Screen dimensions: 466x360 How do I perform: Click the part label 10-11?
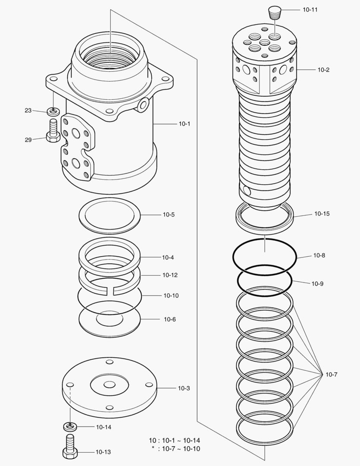[310, 9]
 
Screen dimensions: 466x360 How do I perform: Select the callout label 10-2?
[323, 69]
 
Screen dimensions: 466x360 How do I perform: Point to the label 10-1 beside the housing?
[184, 124]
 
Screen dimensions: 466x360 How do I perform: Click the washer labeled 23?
[53, 111]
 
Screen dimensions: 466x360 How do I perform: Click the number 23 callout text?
[28, 110]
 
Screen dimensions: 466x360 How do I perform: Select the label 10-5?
[169, 214]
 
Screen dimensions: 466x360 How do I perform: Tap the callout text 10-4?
[168, 258]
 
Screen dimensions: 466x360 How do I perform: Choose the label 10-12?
[170, 275]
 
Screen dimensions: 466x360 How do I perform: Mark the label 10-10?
[171, 296]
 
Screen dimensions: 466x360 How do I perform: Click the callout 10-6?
[169, 319]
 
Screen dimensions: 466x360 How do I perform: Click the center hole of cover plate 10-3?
[110, 384]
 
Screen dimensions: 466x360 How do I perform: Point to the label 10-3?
[184, 388]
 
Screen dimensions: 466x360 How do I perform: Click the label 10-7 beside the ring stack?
[331, 375]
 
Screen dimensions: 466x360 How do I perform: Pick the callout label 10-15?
[322, 214]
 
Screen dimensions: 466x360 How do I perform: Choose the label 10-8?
[319, 255]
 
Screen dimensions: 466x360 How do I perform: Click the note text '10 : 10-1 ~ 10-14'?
[174, 441]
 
